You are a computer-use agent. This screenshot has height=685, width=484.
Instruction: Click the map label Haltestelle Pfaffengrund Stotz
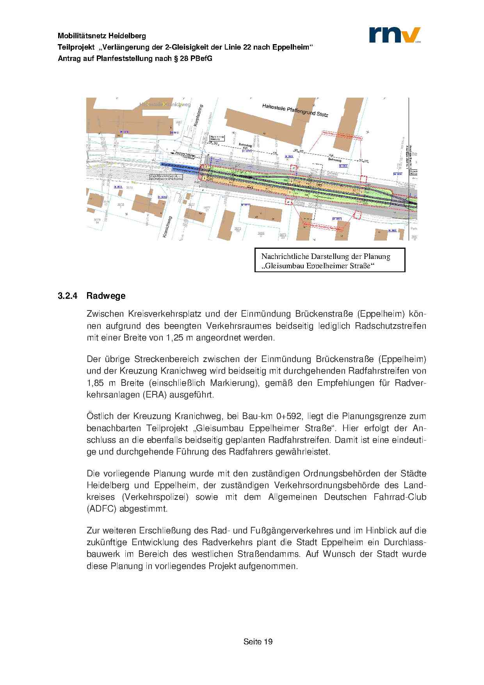point(295,110)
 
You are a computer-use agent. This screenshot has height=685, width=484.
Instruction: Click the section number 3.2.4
point(68,296)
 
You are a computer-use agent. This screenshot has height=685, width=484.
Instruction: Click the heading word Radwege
point(106,296)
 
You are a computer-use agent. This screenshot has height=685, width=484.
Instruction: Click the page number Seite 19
point(258,642)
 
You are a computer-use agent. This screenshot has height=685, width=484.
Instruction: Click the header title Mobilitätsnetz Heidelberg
point(102,36)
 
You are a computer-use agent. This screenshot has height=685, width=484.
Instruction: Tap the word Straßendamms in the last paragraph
point(269,554)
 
